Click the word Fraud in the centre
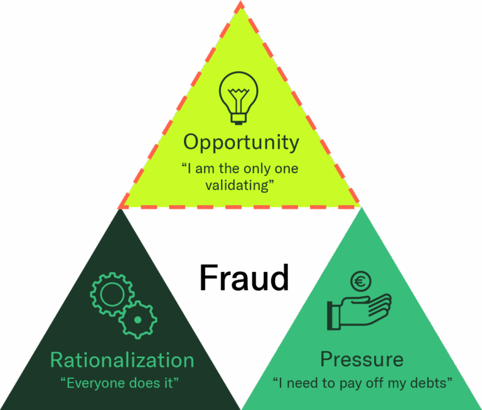tap(244, 278)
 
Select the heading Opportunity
tap(241, 142)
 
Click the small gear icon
tap(138, 320)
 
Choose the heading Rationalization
tap(122, 360)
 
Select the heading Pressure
tap(361, 360)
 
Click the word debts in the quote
tap(432, 382)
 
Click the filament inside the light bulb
tap(238, 97)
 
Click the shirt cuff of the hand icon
tap(333, 314)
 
